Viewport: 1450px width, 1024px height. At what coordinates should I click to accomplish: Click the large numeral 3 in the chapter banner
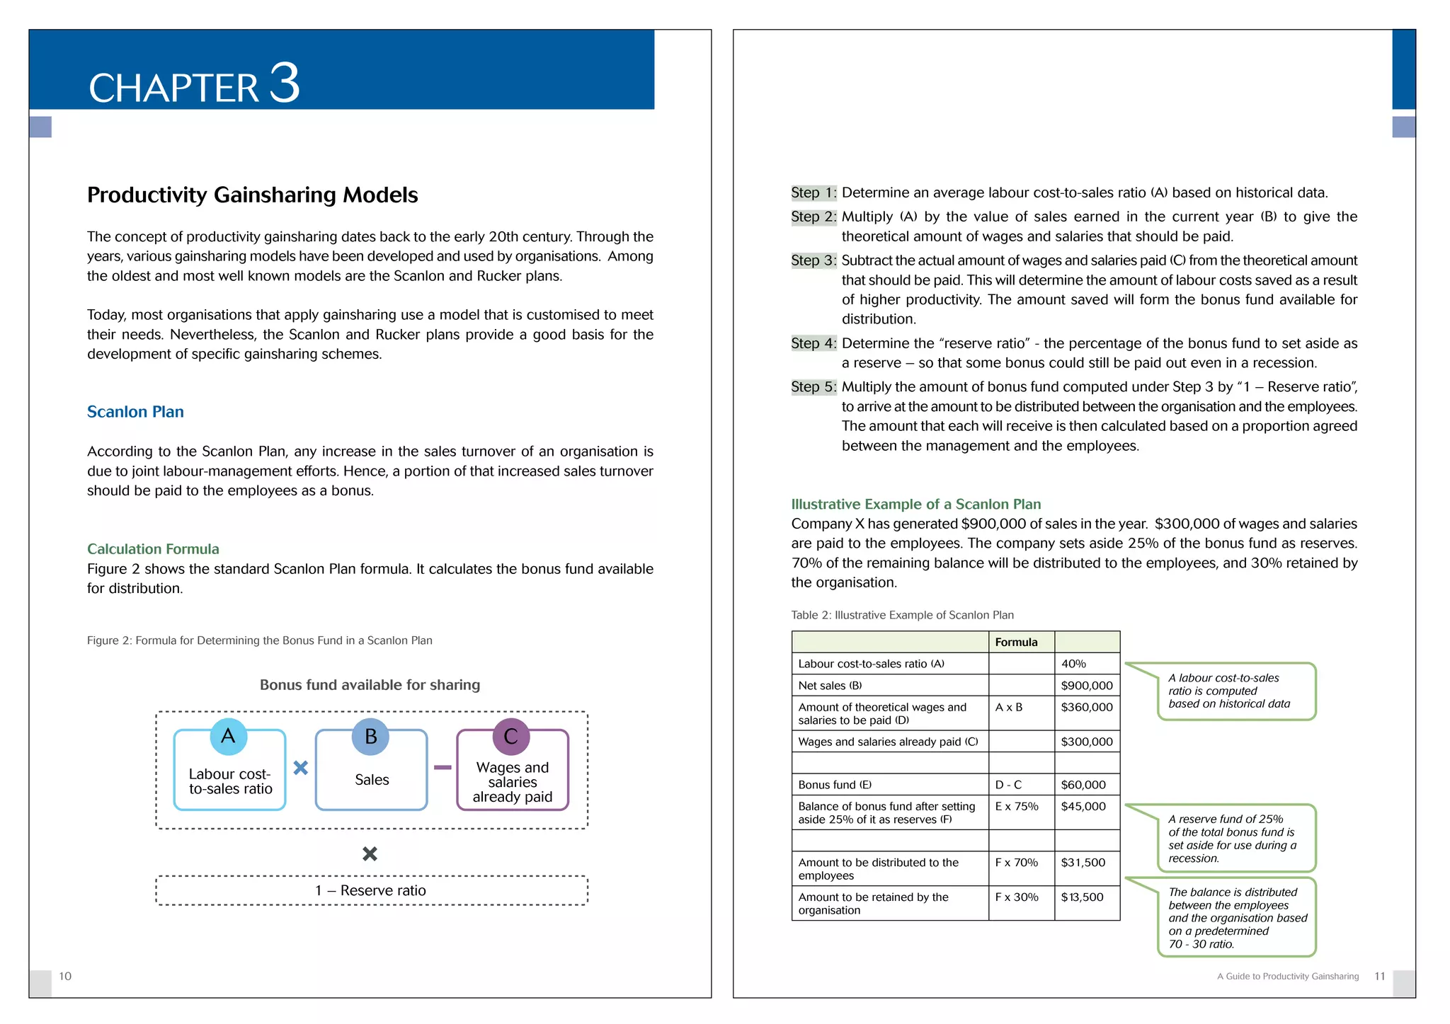(285, 84)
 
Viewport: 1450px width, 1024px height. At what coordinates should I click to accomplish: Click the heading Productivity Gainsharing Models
(252, 195)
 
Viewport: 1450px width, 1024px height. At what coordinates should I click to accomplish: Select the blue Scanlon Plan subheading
(135, 412)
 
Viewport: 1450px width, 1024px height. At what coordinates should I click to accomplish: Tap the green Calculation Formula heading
(153, 549)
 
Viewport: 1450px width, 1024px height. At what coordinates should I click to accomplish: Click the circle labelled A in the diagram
(228, 736)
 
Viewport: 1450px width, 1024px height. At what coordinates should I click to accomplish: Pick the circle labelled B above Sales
(370, 736)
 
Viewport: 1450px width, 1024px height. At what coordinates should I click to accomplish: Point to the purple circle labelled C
(510, 736)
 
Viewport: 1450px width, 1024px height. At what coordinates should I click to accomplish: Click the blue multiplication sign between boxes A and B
(300, 768)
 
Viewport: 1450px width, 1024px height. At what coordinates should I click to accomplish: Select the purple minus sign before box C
(443, 768)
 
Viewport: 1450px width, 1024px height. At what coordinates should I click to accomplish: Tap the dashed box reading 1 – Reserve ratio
(371, 890)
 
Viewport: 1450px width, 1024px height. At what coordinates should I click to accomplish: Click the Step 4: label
(814, 343)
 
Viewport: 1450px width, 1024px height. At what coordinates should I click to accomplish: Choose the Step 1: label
(814, 192)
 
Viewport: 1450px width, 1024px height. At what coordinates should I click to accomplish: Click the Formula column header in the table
(1016, 643)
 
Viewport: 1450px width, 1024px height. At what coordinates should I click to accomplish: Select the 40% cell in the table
(1073, 664)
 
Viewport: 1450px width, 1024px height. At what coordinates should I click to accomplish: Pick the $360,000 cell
(1086, 707)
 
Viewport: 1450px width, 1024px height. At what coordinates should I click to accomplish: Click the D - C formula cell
(1008, 785)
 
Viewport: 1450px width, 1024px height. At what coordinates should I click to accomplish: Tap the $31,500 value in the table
(1083, 863)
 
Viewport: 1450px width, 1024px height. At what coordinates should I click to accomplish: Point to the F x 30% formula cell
(1016, 897)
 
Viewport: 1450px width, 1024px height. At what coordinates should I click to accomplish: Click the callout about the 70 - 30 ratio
(1236, 918)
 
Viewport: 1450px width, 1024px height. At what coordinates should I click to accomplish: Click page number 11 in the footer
(1379, 977)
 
